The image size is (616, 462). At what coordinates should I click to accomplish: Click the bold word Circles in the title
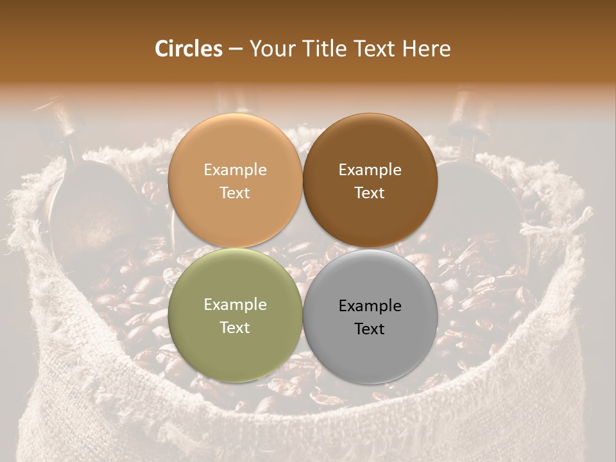pyautogui.click(x=189, y=49)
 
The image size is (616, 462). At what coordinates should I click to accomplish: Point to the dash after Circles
pyautogui.click(x=235, y=49)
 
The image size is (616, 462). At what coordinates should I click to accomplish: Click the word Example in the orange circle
pyautogui.click(x=235, y=170)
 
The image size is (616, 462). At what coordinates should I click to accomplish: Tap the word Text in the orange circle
pyautogui.click(x=235, y=193)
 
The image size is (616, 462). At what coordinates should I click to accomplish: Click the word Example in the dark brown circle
pyautogui.click(x=370, y=170)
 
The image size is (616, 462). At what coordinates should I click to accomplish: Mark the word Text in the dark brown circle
pyautogui.click(x=370, y=193)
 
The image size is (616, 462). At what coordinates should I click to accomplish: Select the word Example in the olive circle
pyautogui.click(x=235, y=305)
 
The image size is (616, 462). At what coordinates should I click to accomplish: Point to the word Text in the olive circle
pyautogui.click(x=235, y=328)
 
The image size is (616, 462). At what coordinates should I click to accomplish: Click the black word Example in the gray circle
pyautogui.click(x=370, y=306)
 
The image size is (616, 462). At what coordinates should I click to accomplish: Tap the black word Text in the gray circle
pyautogui.click(x=370, y=329)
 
